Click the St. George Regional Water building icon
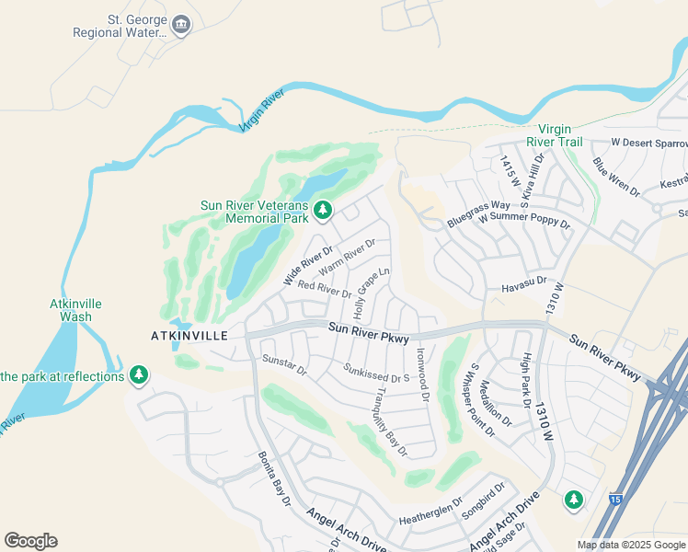(181, 24)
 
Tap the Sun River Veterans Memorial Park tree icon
(322, 212)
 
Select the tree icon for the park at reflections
(139, 375)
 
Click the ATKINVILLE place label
(189, 336)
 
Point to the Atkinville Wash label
(75, 310)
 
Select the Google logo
(30, 541)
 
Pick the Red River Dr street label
(325, 290)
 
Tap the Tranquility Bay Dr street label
(390, 421)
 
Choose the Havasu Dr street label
(524, 285)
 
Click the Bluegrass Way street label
(478, 214)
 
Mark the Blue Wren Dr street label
(616, 176)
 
